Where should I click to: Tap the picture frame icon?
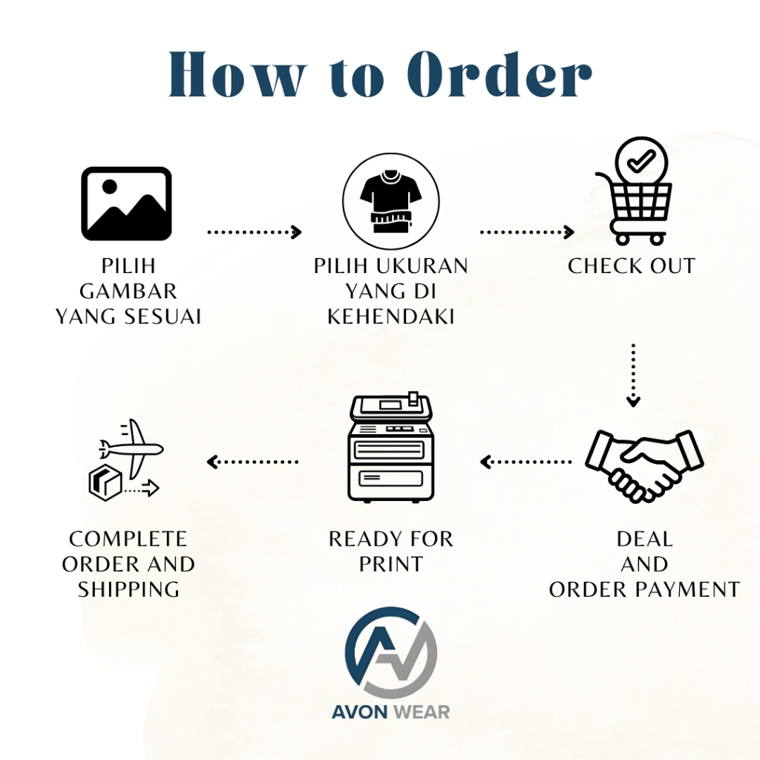point(126,203)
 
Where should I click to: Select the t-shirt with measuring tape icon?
point(390,200)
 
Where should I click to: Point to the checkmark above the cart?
point(641,161)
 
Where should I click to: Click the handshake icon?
point(644,465)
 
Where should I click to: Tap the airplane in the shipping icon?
point(131,448)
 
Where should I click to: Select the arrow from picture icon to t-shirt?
point(255,232)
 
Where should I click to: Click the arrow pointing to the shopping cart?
point(528,232)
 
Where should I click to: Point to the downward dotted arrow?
point(633,375)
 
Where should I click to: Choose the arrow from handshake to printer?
point(526,462)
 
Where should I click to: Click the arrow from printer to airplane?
point(252,462)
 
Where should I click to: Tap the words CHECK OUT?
point(632,266)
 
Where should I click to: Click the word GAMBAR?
point(128,291)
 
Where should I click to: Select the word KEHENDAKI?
point(390,316)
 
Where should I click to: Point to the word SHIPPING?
point(128,589)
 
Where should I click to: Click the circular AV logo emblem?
point(390,652)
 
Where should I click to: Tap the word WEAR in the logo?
point(422,712)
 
